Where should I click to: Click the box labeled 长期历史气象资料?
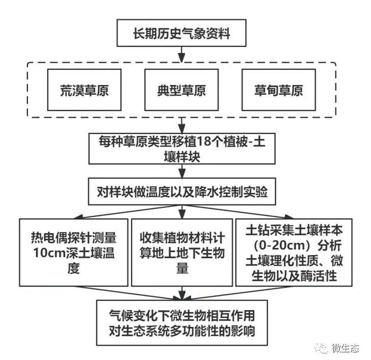coord(181,33)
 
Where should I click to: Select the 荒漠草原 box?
coord(84,90)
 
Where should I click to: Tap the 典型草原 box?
coord(181,90)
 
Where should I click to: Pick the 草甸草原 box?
coord(279,90)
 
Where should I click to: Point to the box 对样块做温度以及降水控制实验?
coord(182,191)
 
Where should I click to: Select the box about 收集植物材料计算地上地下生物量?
coord(182,252)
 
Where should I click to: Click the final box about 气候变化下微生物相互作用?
coord(182,323)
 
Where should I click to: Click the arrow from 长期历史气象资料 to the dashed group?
coord(181,55)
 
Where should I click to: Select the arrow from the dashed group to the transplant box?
coord(182,125)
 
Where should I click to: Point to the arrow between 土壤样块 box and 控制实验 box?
coord(182,171)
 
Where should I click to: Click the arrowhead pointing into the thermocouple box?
coord(78,217)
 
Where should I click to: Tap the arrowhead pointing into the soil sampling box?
coord(288,217)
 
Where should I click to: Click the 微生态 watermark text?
coord(346,348)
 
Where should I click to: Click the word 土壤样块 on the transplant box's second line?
coord(182,157)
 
